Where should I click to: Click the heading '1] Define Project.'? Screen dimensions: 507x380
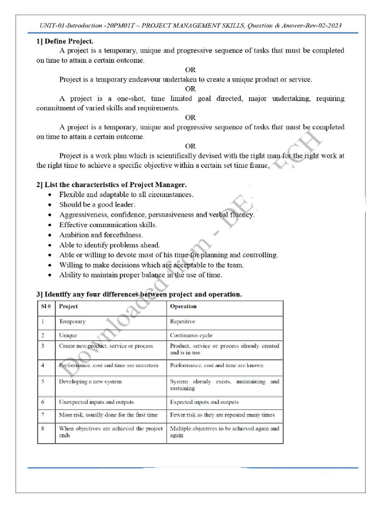coord(65,41)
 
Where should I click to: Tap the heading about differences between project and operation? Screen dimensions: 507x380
coord(139,295)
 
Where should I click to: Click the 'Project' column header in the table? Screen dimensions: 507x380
coord(68,306)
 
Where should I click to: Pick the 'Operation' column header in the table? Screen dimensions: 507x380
coord(183,306)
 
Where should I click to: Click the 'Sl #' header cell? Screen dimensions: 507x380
coord(45,306)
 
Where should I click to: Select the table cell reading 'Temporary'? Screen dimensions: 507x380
coord(72,321)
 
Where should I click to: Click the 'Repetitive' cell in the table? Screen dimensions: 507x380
coord(183,321)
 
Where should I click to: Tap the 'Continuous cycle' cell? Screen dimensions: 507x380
coord(191,335)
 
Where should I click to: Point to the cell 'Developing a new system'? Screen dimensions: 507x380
coord(90,382)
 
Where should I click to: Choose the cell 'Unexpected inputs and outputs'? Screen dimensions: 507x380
coord(96,402)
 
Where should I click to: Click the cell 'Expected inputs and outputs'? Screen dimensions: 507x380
coord(204,402)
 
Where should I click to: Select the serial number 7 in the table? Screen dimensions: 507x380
coord(43,415)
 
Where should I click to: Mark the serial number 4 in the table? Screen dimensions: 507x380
coord(43,365)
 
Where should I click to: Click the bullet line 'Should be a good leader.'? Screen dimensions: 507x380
coord(97,204)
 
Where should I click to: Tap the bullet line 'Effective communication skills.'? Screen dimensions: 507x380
coord(108,225)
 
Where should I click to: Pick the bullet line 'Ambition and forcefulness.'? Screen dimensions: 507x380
coord(101,235)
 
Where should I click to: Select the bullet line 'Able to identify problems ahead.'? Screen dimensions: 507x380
coord(109,245)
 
